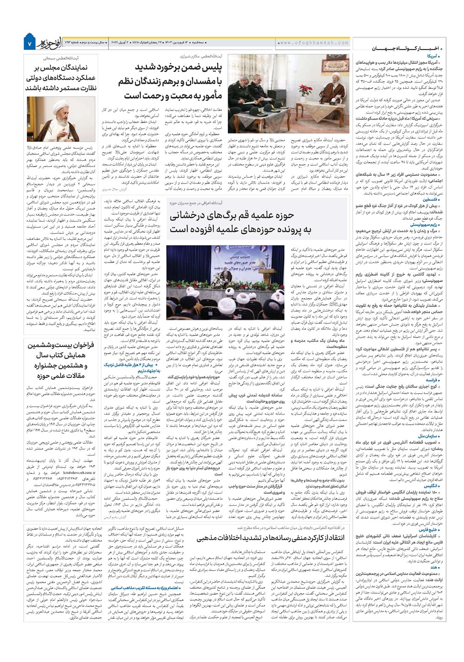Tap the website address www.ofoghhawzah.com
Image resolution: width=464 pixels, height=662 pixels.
(314, 43)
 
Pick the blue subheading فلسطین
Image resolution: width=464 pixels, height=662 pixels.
(433, 199)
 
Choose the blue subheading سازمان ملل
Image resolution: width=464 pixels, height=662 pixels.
(430, 436)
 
